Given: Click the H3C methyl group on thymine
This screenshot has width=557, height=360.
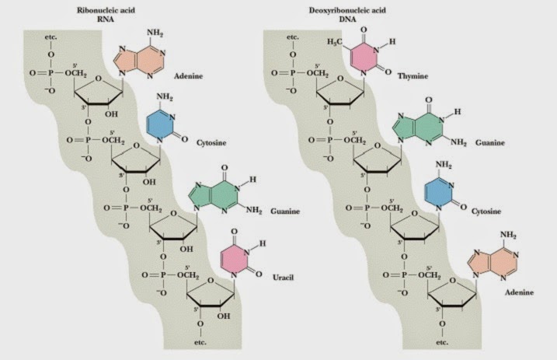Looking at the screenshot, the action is (x=335, y=40).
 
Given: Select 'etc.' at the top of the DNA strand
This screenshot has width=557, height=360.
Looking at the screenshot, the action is (x=293, y=37).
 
